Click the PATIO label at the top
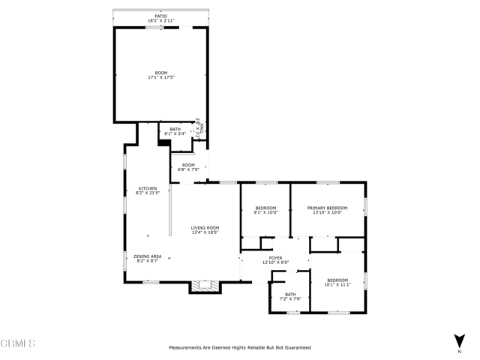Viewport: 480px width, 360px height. click(160, 14)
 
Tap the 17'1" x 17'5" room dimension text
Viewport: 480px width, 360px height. click(160, 77)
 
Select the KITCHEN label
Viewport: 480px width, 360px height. click(147, 188)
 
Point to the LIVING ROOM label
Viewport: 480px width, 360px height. click(204, 227)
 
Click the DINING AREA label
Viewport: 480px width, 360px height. click(147, 256)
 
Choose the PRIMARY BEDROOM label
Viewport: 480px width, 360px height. click(327, 208)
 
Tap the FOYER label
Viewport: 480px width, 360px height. click(275, 257)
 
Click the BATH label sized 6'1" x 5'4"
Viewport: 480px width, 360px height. click(175, 129)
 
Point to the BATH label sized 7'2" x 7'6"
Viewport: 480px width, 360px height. click(290, 295)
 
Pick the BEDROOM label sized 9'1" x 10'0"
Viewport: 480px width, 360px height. click(265, 208)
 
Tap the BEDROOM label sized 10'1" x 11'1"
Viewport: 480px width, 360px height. click(337, 280)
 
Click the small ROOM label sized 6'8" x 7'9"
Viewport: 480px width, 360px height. click(187, 165)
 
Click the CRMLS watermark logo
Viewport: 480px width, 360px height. click(18, 343)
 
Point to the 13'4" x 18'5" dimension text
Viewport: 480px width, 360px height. click(204, 232)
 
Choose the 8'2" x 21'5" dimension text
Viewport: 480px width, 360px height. click(147, 193)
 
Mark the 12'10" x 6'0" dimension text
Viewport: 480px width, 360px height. click(275, 262)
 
